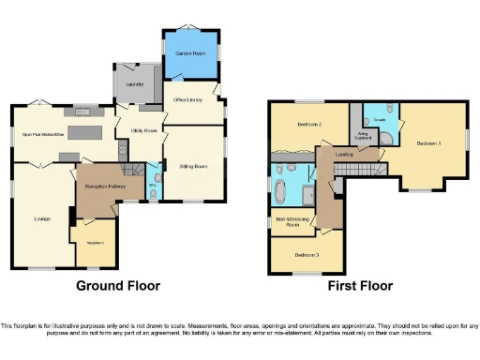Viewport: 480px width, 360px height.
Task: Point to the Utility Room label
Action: pos(143,129)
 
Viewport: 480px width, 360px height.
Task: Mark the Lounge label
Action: pos(42,219)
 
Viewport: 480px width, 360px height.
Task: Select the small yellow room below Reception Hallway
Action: pos(95,242)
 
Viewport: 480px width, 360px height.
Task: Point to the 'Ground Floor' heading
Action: pos(118,286)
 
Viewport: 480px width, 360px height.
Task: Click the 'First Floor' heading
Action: pos(360,286)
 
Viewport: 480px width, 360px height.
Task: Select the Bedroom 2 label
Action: pos(310,124)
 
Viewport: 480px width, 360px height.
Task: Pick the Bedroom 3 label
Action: pos(307,254)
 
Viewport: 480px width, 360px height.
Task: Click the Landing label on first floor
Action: pos(344,155)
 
